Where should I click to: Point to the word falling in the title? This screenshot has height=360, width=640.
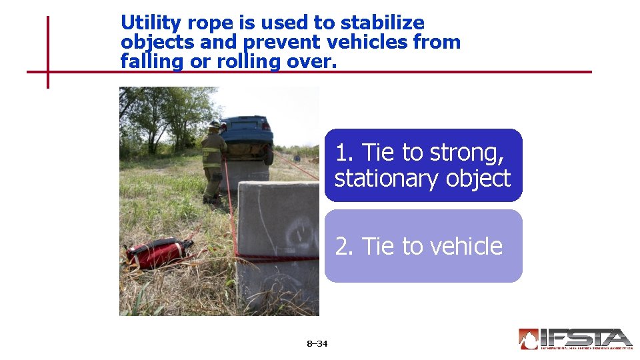[147, 62]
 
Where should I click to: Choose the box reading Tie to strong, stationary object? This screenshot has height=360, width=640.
[423, 165]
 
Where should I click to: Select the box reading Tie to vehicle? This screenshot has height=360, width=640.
[423, 246]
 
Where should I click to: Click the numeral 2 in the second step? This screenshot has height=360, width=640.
[343, 247]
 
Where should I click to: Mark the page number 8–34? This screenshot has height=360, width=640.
[317, 344]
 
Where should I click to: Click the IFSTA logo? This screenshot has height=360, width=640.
[575, 339]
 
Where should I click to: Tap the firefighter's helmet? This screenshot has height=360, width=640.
[214, 124]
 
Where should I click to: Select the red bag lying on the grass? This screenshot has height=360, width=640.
[158, 253]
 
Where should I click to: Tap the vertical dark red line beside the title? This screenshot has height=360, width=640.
[48, 52]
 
